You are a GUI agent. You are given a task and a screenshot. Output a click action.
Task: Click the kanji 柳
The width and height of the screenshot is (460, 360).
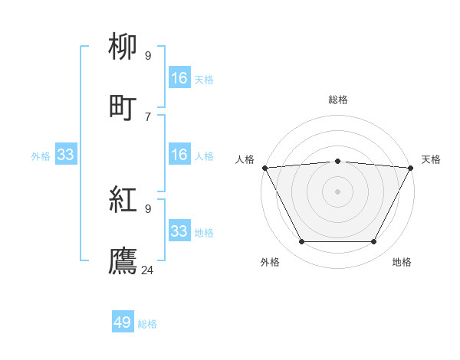(x=123, y=47)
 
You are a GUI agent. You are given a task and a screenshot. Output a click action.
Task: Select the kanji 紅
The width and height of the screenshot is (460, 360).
(x=123, y=201)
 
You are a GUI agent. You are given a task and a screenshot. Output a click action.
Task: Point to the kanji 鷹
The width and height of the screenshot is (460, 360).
(x=123, y=260)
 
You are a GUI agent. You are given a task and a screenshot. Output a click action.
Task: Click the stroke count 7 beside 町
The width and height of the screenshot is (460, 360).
(x=148, y=116)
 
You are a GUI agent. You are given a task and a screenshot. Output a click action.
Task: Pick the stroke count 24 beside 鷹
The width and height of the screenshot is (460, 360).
(x=148, y=270)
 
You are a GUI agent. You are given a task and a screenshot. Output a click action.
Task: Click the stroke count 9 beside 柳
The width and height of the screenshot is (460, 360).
(x=148, y=55)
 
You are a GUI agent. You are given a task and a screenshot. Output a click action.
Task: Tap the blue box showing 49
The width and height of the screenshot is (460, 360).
(x=123, y=323)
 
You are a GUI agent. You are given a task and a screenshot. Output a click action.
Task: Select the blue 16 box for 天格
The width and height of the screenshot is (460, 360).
(x=179, y=78)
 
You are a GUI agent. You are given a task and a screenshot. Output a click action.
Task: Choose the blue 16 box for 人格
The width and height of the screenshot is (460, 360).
(x=179, y=155)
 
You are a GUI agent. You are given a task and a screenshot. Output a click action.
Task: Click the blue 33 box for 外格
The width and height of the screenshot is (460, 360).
(x=66, y=155)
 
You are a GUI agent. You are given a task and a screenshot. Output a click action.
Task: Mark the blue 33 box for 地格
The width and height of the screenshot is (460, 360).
(x=179, y=231)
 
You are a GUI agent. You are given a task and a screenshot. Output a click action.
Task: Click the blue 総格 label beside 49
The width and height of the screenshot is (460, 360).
(x=147, y=324)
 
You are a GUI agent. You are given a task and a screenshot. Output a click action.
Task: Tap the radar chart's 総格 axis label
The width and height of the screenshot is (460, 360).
(x=337, y=100)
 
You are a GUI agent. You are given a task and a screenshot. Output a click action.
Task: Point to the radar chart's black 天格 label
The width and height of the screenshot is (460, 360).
(x=431, y=159)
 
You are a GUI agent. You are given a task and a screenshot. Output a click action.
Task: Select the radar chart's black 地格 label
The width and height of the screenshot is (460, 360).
(x=402, y=263)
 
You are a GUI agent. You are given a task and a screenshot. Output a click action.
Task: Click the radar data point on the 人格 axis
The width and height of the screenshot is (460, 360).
(x=264, y=168)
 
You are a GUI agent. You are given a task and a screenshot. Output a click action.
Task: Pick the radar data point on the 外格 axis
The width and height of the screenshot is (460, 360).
(x=301, y=242)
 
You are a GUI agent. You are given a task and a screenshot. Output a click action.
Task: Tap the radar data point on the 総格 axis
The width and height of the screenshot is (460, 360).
(x=337, y=161)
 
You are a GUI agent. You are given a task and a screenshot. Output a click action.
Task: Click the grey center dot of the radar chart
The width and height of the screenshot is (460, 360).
(x=337, y=191)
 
